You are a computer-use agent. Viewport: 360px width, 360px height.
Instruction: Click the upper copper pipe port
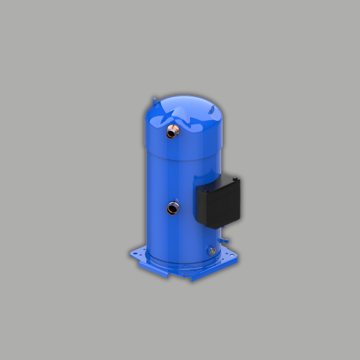(x=171, y=132)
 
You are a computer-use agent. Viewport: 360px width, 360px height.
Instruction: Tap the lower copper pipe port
(x=172, y=209)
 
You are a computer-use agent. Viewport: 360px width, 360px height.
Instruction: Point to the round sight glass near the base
(x=212, y=251)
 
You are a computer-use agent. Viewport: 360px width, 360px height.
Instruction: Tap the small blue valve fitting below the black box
(x=224, y=233)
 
